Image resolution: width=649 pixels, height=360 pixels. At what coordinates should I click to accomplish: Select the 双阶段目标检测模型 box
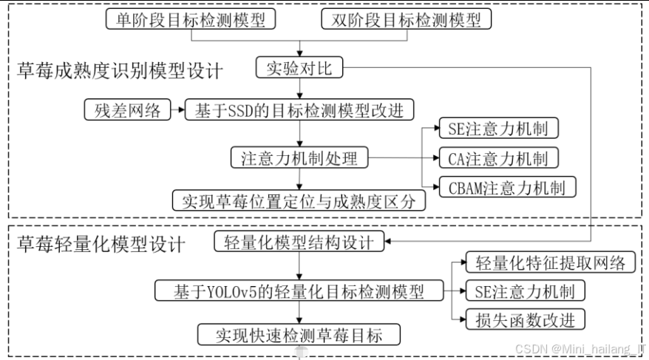(x=406, y=19)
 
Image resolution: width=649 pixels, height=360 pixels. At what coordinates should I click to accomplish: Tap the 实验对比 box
(x=299, y=69)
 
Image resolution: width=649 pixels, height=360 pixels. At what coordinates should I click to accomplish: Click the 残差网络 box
(x=125, y=110)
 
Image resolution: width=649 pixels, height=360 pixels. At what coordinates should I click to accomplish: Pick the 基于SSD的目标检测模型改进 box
(x=299, y=110)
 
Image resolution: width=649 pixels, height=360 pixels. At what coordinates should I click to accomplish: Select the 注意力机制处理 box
(x=299, y=157)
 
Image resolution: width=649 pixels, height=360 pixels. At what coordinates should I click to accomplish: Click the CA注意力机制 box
(x=498, y=157)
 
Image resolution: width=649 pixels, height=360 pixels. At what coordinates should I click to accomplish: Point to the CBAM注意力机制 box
(x=507, y=186)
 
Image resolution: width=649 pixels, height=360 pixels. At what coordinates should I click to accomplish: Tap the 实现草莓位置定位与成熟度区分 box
(x=299, y=200)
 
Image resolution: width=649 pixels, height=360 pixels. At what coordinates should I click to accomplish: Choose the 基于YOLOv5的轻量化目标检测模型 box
(x=299, y=291)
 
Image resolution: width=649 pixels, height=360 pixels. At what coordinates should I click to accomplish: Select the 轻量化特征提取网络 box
(x=550, y=262)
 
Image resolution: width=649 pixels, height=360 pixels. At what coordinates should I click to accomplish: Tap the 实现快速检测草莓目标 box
(x=299, y=333)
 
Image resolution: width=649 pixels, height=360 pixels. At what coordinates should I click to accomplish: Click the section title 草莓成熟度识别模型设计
(x=120, y=72)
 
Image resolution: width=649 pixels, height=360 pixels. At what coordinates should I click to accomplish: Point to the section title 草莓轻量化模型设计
(x=101, y=243)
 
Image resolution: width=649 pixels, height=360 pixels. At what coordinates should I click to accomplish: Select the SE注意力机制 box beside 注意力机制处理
(x=498, y=129)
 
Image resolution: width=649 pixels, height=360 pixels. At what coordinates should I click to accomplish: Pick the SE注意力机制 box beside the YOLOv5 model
(x=525, y=291)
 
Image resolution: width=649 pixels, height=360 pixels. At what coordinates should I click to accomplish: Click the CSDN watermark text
(x=579, y=347)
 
